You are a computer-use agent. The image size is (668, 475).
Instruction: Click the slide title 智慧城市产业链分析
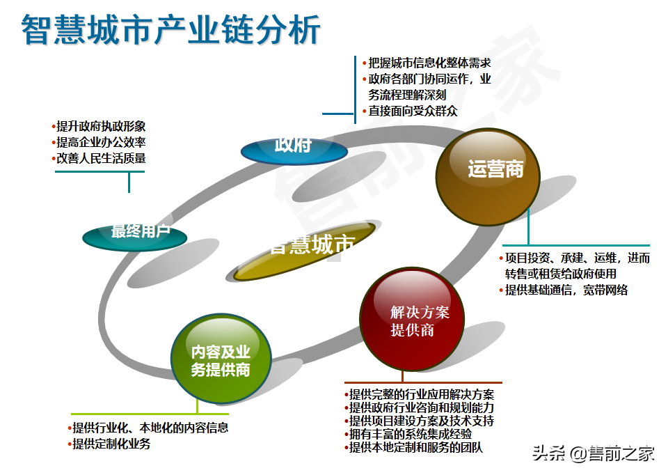[171, 31]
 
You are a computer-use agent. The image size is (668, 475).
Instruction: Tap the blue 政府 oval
[294, 148]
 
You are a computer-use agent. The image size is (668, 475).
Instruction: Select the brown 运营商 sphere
[488, 171]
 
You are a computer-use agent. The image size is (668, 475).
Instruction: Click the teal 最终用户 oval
[135, 236]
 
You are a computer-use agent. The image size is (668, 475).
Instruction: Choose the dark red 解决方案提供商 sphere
[412, 320]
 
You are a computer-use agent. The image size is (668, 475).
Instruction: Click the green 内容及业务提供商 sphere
[221, 360]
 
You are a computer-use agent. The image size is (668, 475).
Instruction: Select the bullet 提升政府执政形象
[101, 127]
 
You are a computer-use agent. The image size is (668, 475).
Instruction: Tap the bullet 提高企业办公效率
[101, 142]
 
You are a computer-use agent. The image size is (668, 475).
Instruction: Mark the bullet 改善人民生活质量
[101, 158]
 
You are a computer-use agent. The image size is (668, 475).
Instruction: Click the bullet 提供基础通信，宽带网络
[567, 290]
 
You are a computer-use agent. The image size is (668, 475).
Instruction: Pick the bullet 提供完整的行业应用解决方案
[422, 394]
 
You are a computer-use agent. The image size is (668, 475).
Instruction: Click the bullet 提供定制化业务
[111, 444]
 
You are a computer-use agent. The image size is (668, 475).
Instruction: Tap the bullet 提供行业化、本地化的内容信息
[150, 428]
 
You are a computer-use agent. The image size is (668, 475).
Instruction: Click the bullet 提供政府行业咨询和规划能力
[422, 407]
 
